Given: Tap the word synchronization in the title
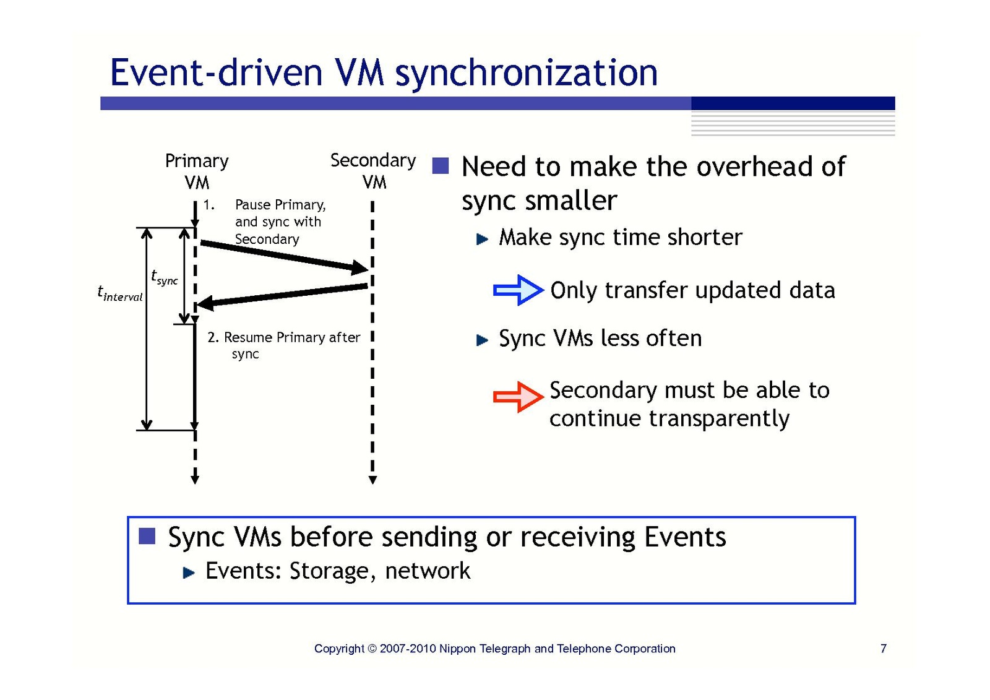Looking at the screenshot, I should click(x=526, y=73).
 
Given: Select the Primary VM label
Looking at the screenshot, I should click(x=197, y=171).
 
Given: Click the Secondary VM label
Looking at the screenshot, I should click(x=373, y=171).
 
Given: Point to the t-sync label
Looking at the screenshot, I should click(x=164, y=277).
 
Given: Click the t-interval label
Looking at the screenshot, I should click(x=119, y=293).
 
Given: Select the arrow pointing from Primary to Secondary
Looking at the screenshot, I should click(x=284, y=256).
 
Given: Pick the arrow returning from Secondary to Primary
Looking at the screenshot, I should click(x=282, y=295).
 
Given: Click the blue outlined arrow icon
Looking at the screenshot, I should click(x=518, y=290).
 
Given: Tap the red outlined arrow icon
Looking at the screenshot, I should click(x=518, y=397).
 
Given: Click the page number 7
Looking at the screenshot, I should click(x=883, y=648).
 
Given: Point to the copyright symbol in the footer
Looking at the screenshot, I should click(x=372, y=649).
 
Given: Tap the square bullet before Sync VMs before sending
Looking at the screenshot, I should click(x=147, y=536).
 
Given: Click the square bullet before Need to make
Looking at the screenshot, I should click(x=440, y=166).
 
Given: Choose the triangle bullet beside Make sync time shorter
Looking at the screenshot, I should click(x=482, y=239).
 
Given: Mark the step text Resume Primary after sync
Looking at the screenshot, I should click(x=283, y=345).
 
